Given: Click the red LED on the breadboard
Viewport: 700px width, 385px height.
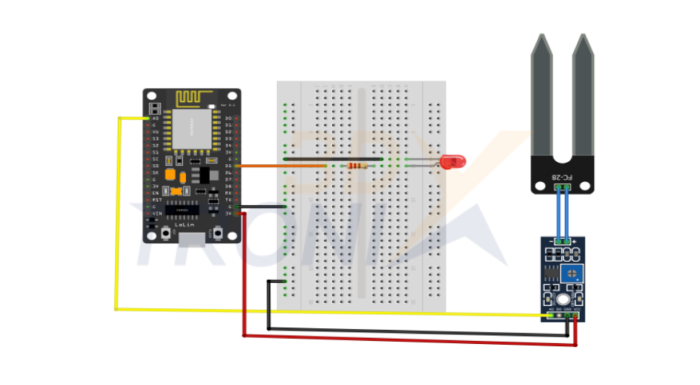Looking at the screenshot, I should click(452, 160).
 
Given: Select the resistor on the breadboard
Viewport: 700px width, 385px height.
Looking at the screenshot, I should click(357, 166).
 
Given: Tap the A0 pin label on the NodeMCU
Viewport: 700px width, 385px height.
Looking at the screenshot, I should click(155, 118).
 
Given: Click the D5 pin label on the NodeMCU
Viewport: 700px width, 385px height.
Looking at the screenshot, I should click(228, 166).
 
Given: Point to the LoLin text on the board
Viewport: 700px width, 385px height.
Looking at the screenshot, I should click(184, 224).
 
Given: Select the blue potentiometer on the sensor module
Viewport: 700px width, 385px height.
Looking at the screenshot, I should click(575, 273).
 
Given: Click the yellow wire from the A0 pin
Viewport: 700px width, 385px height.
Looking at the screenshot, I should click(117, 224).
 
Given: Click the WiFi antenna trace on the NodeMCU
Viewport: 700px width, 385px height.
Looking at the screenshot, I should click(193, 98).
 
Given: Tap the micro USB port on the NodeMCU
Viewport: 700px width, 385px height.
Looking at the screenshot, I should click(192, 238).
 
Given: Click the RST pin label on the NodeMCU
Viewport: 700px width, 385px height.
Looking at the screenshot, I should click(156, 200).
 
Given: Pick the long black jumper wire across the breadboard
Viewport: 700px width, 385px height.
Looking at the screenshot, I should click(332, 158).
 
